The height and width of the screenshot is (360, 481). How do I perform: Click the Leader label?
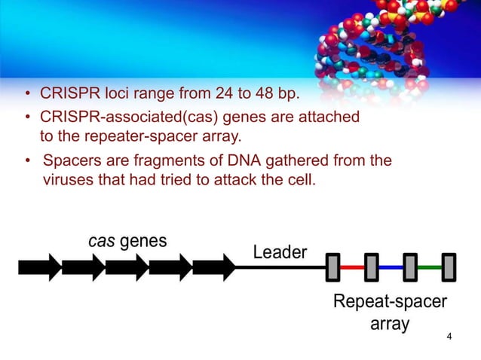(x=280, y=252)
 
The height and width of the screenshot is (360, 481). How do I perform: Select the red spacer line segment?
(x=351, y=267)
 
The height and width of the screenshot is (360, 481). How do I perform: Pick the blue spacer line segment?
(x=391, y=267)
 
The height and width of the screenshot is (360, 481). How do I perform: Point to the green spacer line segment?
(x=430, y=267)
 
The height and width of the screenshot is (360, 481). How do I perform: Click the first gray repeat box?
(x=332, y=267)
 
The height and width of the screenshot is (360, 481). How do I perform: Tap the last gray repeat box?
(x=449, y=267)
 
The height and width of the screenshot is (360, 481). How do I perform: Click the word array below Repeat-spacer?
(x=389, y=325)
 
